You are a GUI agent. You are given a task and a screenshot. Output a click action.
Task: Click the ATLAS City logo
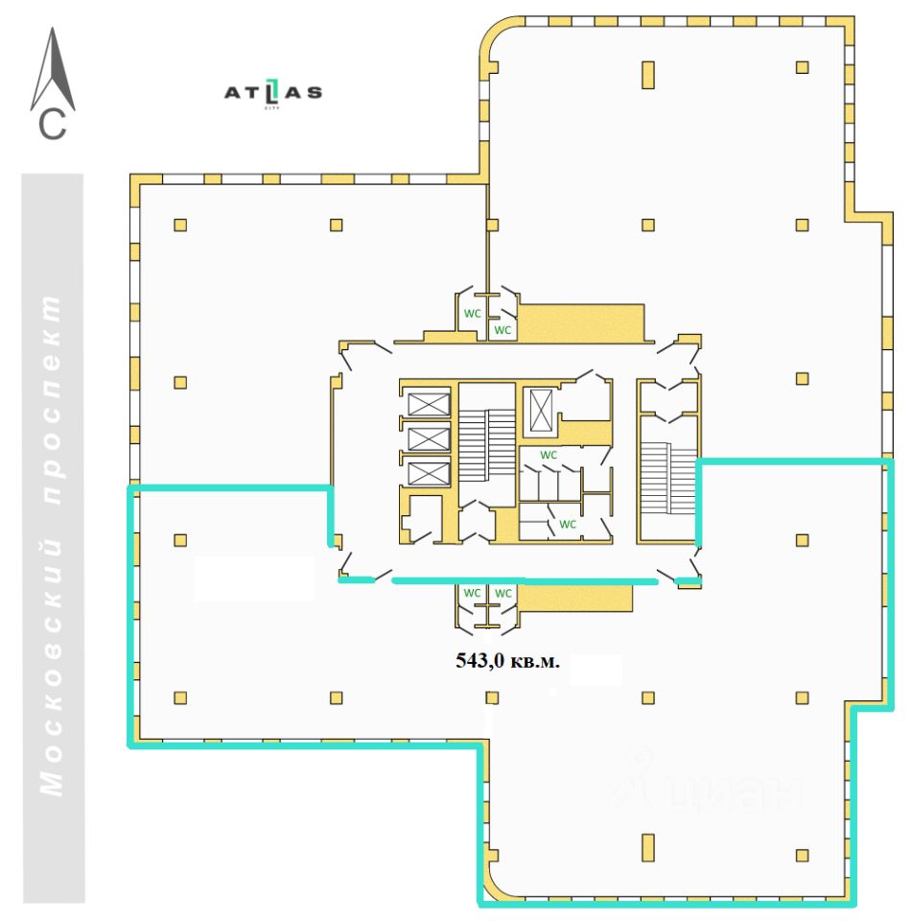272,93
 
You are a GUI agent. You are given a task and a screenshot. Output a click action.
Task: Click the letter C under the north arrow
53,125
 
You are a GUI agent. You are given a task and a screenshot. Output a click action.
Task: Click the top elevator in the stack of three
428,403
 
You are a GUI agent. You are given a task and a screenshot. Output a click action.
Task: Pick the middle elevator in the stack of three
428,438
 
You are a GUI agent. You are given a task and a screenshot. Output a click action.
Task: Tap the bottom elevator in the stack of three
428,473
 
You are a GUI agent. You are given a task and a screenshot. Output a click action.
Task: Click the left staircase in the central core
488,442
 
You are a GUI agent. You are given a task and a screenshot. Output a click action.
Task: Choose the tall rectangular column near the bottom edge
647,848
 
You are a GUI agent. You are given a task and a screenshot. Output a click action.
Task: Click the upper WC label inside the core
549,454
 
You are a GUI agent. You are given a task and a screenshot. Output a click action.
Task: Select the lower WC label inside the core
568,524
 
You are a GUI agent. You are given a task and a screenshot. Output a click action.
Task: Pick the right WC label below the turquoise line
502,593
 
